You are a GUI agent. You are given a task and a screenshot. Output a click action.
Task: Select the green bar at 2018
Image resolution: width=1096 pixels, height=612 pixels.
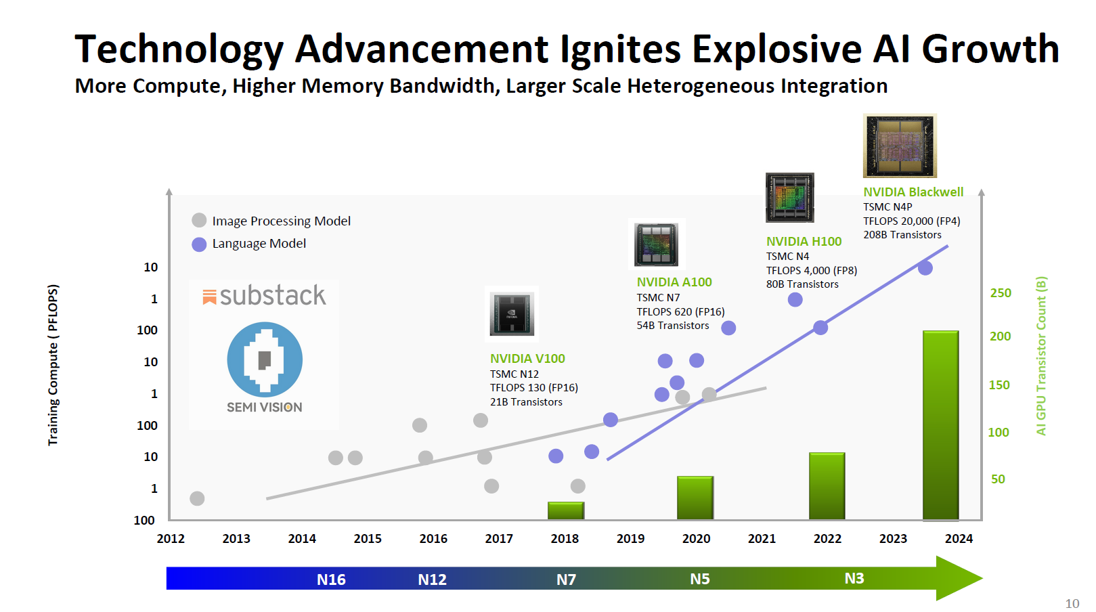click(x=565, y=510)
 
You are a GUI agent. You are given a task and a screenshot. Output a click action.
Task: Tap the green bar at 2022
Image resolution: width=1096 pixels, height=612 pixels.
click(x=827, y=486)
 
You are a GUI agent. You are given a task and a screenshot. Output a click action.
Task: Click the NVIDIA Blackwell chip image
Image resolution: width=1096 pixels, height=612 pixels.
click(x=900, y=146)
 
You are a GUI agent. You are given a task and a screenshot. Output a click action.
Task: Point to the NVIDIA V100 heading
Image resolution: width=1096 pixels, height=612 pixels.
click(x=527, y=359)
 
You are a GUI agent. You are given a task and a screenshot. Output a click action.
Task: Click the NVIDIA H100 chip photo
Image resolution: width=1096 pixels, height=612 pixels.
click(x=789, y=198)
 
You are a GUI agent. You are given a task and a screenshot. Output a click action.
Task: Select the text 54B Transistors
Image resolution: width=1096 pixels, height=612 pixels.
click(x=673, y=326)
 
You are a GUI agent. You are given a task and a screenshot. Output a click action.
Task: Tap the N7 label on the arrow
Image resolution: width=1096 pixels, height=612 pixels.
click(x=566, y=580)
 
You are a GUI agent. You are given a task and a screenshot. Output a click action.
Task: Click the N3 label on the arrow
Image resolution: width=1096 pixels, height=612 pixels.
click(x=854, y=578)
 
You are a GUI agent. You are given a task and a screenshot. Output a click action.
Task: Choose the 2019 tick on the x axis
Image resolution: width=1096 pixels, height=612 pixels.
click(x=630, y=538)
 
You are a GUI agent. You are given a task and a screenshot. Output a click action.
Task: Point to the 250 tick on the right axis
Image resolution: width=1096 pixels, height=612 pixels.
click(x=1001, y=293)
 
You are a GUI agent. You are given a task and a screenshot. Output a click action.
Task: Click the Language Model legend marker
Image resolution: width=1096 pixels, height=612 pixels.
click(x=199, y=244)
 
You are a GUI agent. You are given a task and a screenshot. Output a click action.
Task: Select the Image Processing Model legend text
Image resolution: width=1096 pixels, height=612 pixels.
click(x=281, y=221)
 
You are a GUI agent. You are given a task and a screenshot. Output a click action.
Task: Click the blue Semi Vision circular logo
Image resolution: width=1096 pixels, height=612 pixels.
click(x=265, y=359)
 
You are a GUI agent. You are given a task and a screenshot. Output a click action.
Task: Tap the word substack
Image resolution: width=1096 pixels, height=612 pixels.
click(x=272, y=296)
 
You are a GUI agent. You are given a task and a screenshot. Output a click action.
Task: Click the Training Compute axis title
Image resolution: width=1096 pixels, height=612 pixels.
click(x=53, y=365)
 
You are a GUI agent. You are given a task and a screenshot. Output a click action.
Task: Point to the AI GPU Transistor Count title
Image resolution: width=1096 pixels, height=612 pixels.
click(x=1041, y=355)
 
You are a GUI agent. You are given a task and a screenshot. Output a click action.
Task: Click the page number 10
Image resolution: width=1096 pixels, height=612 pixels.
click(x=1072, y=603)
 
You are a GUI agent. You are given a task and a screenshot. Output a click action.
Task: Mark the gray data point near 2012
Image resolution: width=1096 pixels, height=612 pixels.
click(x=197, y=499)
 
